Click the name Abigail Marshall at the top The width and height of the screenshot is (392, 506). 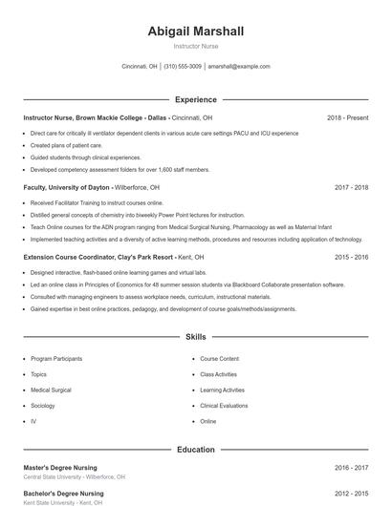[x=196, y=32]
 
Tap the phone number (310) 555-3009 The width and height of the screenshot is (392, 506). [x=183, y=67]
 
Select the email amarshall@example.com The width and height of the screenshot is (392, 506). [x=239, y=67]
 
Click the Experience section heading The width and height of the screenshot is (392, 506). [x=196, y=99]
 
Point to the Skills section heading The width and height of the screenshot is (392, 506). [x=196, y=337]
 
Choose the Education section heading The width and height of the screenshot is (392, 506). [x=196, y=449]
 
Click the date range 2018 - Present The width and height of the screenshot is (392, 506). [x=347, y=117]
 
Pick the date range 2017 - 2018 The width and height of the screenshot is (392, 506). [x=351, y=187]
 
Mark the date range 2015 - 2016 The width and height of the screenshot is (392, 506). [x=351, y=257]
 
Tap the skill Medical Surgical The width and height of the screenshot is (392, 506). [x=51, y=390]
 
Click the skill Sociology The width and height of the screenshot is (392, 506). [x=44, y=405]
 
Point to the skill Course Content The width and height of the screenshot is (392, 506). [x=219, y=358]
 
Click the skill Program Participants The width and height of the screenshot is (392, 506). [x=56, y=358]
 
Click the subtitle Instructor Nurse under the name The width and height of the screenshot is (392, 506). [x=196, y=47]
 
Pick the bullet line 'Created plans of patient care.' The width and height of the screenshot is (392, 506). [x=66, y=145]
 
